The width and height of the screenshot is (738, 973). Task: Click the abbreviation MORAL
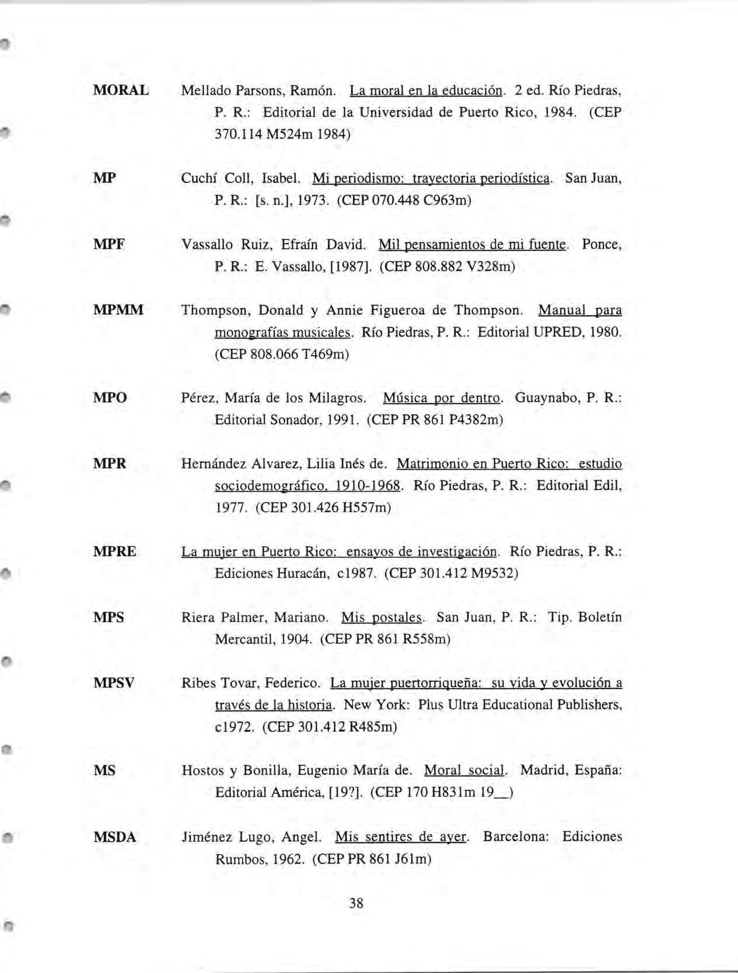(121, 91)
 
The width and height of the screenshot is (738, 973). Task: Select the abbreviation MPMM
(118, 310)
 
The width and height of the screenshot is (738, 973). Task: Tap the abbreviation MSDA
(115, 838)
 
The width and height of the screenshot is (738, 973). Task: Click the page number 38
(356, 904)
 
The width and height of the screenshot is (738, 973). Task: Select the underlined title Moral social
(464, 771)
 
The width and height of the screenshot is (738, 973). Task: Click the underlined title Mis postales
(382, 617)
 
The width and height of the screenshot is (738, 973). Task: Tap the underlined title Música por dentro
(442, 398)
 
